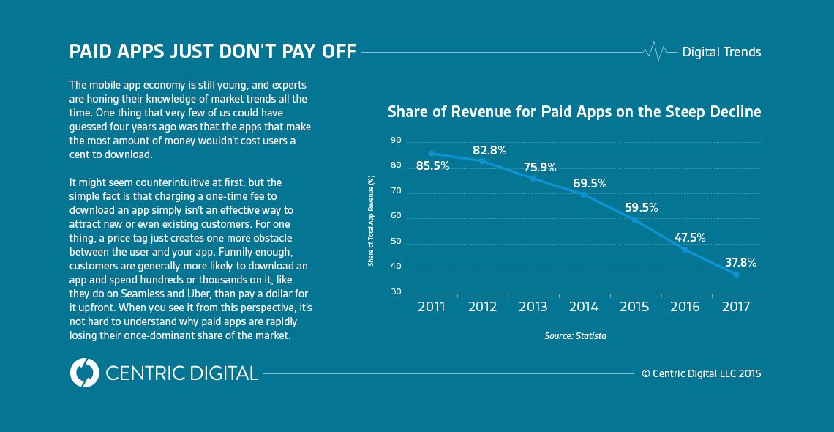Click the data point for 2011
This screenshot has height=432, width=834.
point(432,154)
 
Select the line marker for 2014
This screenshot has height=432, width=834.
point(584,194)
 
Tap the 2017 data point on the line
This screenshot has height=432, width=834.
point(736,274)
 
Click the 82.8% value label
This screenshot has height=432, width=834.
point(489,151)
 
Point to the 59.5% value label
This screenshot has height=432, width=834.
point(642,207)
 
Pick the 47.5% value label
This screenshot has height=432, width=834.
point(689,237)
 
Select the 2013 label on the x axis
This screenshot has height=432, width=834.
point(533,307)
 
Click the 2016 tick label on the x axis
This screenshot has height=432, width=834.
point(685,307)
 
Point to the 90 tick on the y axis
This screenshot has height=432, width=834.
point(396,141)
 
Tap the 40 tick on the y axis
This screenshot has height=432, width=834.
point(396,267)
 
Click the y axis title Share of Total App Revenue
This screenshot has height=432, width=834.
point(371,220)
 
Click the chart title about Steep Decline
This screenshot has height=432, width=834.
point(574,112)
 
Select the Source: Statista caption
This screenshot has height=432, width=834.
point(575,336)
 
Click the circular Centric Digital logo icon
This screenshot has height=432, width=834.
point(84,373)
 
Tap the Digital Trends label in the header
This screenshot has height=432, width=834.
point(721,52)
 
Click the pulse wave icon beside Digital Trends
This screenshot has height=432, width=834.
point(655,51)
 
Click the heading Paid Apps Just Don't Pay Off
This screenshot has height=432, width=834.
point(213,52)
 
